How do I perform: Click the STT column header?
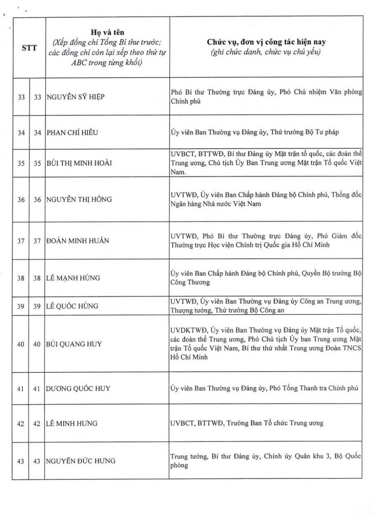click(29, 47)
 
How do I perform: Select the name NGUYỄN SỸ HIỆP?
click(75, 97)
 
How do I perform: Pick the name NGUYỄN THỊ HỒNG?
click(79, 199)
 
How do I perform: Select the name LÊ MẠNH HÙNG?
click(73, 278)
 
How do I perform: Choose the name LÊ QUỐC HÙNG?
click(72, 306)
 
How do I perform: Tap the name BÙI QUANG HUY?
click(74, 344)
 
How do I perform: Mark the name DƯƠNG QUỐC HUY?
click(78, 388)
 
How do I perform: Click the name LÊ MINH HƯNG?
click(71, 423)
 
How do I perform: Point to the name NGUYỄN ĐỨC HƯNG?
click(81, 461)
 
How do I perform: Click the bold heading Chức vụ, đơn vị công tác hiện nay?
click(266, 42)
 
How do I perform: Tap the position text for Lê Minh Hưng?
click(247, 423)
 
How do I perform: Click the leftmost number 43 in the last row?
click(21, 461)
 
